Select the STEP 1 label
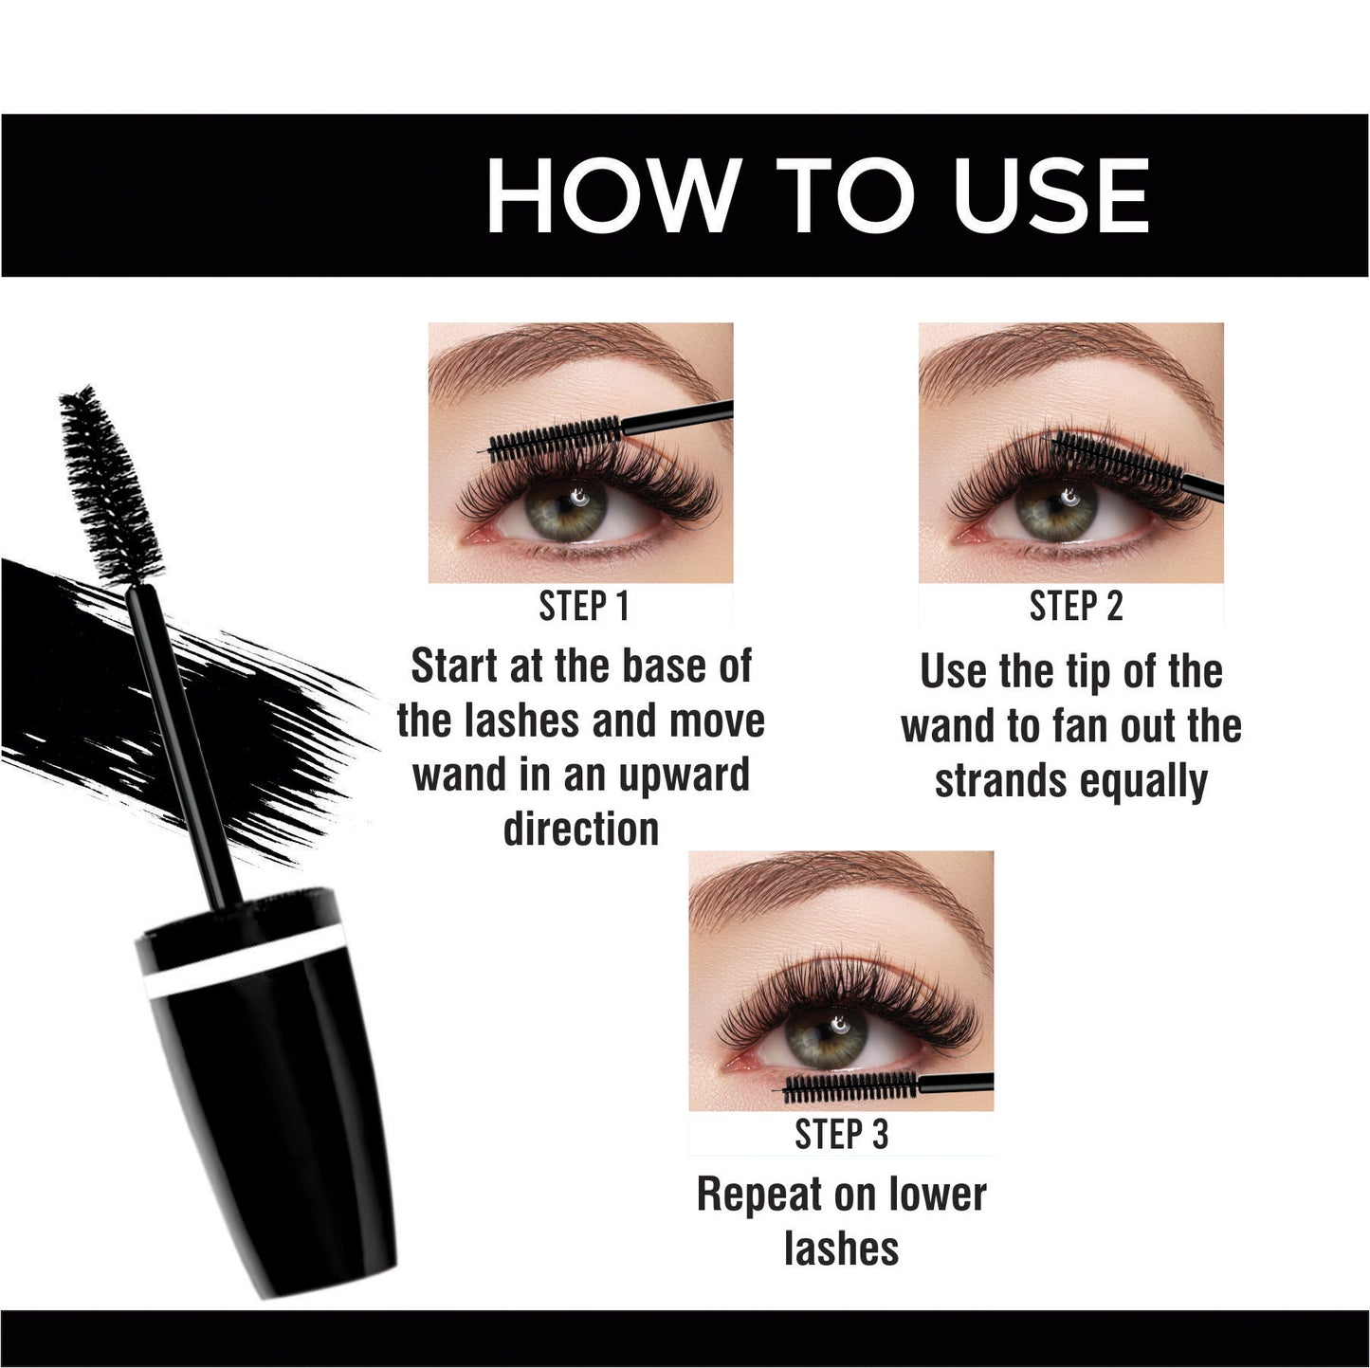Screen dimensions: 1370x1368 point(584,607)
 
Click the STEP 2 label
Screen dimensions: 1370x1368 point(1075,607)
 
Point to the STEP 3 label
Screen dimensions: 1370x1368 point(841,1134)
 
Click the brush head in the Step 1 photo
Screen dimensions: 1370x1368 point(555,439)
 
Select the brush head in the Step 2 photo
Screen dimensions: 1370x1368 point(1117,460)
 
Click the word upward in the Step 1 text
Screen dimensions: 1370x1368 point(684,775)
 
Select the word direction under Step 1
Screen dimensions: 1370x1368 point(581,829)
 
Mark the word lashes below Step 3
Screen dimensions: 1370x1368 point(842,1249)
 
